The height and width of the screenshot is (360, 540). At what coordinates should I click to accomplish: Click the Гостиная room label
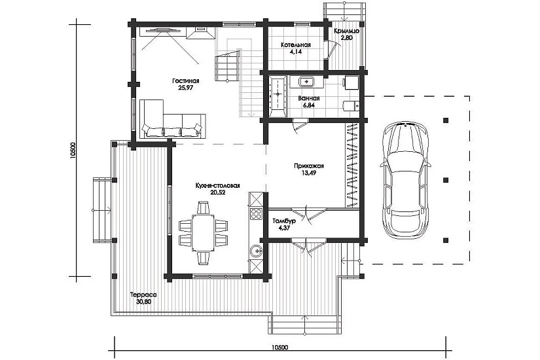pos(186,81)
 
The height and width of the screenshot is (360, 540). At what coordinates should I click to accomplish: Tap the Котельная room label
pos(295,45)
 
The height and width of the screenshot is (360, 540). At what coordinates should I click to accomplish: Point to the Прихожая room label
pos(308,166)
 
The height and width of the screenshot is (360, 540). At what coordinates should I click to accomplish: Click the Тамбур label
pos(284,221)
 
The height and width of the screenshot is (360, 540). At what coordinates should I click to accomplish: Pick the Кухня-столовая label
pos(217,186)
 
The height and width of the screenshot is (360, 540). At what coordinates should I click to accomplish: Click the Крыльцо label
pos(346,31)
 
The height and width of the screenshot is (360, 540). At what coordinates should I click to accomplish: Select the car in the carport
pos(406,180)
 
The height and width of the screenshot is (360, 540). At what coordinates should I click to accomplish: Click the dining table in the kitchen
pos(203,233)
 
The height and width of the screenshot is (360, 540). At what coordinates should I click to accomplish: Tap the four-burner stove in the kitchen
pos(256,214)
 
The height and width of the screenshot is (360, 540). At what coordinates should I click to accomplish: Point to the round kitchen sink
pos(256,251)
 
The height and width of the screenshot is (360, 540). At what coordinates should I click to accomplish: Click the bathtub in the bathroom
pos(278,96)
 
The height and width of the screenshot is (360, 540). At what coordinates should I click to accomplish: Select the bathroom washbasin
pos(306,82)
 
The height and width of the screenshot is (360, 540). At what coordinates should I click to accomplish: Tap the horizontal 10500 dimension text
pos(279,348)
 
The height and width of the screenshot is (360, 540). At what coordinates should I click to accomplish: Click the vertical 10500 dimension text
pos(72,150)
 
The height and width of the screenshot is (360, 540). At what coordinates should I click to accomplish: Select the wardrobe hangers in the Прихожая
pos(353,165)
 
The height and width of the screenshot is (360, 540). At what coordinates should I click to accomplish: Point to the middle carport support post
pos(446,180)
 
